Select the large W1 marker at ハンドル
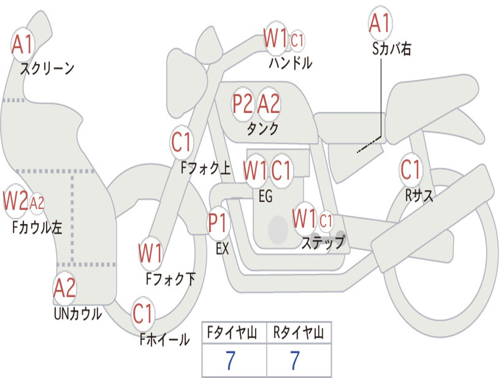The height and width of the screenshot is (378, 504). [x=275, y=38]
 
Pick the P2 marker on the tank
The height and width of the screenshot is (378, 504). [x=243, y=104]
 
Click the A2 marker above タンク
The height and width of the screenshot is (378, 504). [x=269, y=104]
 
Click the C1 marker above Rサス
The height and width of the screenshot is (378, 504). [x=410, y=170]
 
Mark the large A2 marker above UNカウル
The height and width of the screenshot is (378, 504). [x=64, y=288]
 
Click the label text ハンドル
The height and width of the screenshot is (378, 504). [x=290, y=63]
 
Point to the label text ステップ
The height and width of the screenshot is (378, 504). [x=323, y=243]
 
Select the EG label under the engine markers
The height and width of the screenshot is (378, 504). [x=265, y=196]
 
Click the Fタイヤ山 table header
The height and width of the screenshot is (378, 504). [x=233, y=334]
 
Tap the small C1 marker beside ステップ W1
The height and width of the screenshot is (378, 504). [x=326, y=220]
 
